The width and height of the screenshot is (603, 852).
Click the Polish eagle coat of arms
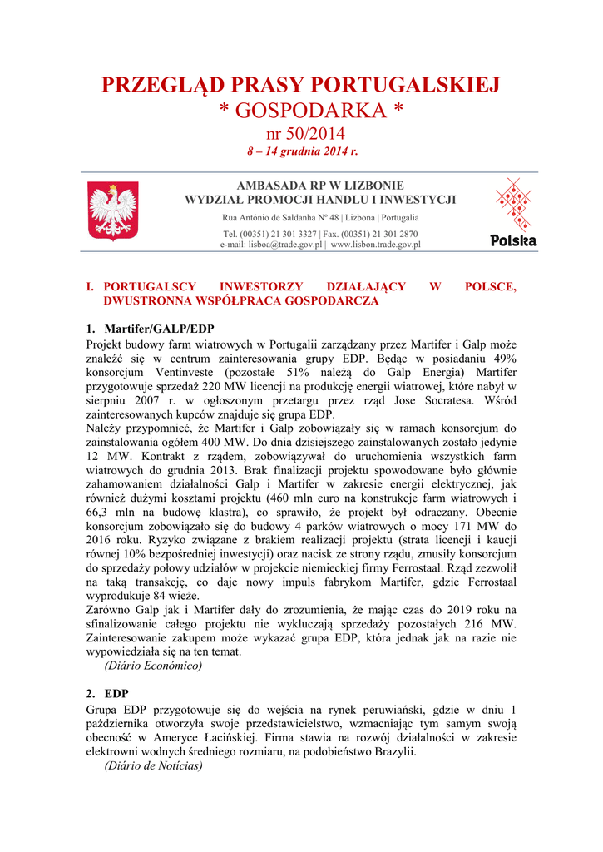113,211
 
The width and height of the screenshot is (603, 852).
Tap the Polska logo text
513,241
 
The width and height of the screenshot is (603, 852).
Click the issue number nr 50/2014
300,134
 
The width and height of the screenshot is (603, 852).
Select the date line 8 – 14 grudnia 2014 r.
301,152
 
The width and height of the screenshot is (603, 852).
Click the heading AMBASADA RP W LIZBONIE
320,186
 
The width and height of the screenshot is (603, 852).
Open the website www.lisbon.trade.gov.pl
376,245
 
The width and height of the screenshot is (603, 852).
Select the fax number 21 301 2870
390,234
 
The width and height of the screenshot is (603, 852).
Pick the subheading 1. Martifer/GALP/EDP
151,328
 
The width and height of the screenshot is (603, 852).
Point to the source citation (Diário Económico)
153,666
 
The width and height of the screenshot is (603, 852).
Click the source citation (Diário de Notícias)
153,765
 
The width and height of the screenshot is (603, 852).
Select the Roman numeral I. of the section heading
91,286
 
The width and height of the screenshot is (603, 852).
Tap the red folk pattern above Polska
513,203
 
